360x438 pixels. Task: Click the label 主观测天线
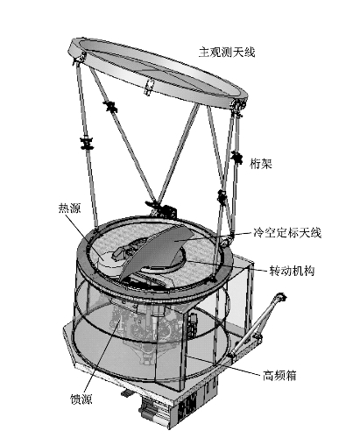point(227,53)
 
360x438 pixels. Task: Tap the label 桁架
point(261,164)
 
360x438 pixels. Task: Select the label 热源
point(69,208)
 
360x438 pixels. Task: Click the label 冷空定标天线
point(287,233)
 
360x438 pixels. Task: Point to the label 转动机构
point(292,272)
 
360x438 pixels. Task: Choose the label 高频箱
point(279,376)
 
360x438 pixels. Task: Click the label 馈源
point(81,399)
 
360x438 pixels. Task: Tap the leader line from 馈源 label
point(102,356)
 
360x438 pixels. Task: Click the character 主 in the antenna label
point(204,53)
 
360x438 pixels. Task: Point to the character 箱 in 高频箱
point(291,376)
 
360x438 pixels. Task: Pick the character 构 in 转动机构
point(309,272)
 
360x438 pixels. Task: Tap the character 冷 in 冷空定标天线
point(258,233)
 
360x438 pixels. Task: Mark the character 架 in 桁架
point(266,164)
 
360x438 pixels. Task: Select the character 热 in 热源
point(64,208)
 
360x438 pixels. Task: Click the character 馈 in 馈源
point(75,399)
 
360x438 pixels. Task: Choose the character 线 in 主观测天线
point(250,53)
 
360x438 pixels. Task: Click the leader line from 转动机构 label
point(227,267)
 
